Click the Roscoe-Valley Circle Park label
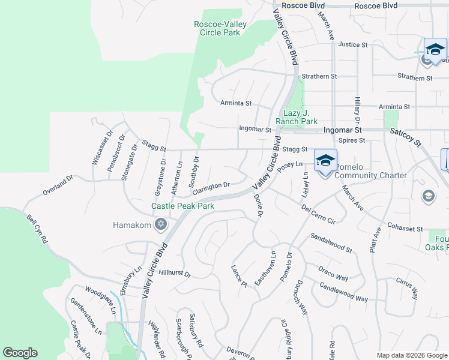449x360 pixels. (x=217, y=28)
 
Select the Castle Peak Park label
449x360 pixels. (x=182, y=206)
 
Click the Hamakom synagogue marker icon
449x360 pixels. (x=160, y=225)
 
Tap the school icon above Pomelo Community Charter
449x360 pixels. (x=325, y=160)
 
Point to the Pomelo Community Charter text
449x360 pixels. (x=370, y=171)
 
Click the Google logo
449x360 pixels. (x=20, y=352)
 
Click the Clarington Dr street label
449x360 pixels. (x=211, y=187)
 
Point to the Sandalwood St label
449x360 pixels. (x=331, y=242)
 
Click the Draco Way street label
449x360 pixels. (x=333, y=274)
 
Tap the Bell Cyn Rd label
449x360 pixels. (x=37, y=228)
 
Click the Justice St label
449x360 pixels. (x=352, y=44)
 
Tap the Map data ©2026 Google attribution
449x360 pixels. (x=411, y=355)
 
